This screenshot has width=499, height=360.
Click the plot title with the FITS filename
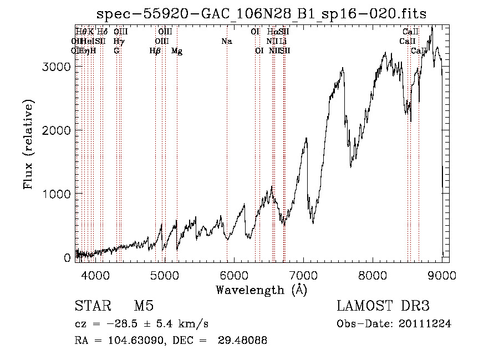261,14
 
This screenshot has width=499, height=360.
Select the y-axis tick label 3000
56,67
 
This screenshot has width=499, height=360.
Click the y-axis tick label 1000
56,194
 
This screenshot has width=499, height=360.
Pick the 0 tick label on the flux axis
67,257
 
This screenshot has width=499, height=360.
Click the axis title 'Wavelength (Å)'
261,289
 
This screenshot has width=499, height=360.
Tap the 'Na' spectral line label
226,42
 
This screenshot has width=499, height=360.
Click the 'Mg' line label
177,51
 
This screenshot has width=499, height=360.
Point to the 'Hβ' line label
155,51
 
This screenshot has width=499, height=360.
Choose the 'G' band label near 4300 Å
116,51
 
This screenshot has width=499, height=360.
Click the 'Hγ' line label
118,42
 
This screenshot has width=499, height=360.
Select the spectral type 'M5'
144,306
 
